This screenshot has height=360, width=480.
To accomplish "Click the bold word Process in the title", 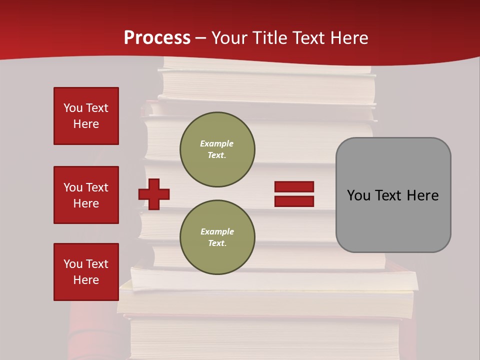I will pos(157,37).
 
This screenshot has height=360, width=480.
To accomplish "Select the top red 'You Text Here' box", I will pos(86,116).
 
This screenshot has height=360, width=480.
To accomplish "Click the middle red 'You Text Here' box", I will pos(86,195).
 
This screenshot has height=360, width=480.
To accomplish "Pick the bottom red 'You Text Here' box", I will pos(86,271).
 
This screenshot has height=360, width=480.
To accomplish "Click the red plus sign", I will pos(154,193).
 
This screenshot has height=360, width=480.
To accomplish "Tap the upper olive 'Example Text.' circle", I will pos(217,149).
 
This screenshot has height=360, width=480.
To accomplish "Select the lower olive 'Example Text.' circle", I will pos(217,237).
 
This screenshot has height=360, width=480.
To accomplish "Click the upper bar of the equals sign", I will pos(294,187).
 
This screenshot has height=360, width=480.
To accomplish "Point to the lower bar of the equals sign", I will pos(294,201).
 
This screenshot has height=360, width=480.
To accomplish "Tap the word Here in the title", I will pos(349,38).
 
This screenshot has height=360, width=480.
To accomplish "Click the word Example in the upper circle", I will pos(216,143).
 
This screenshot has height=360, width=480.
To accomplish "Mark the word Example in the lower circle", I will pos(217,231).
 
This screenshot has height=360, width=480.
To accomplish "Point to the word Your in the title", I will pos(230,38).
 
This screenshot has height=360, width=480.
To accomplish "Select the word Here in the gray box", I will pos(422,195).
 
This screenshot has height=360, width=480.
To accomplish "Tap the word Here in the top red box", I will pos(86,124).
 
